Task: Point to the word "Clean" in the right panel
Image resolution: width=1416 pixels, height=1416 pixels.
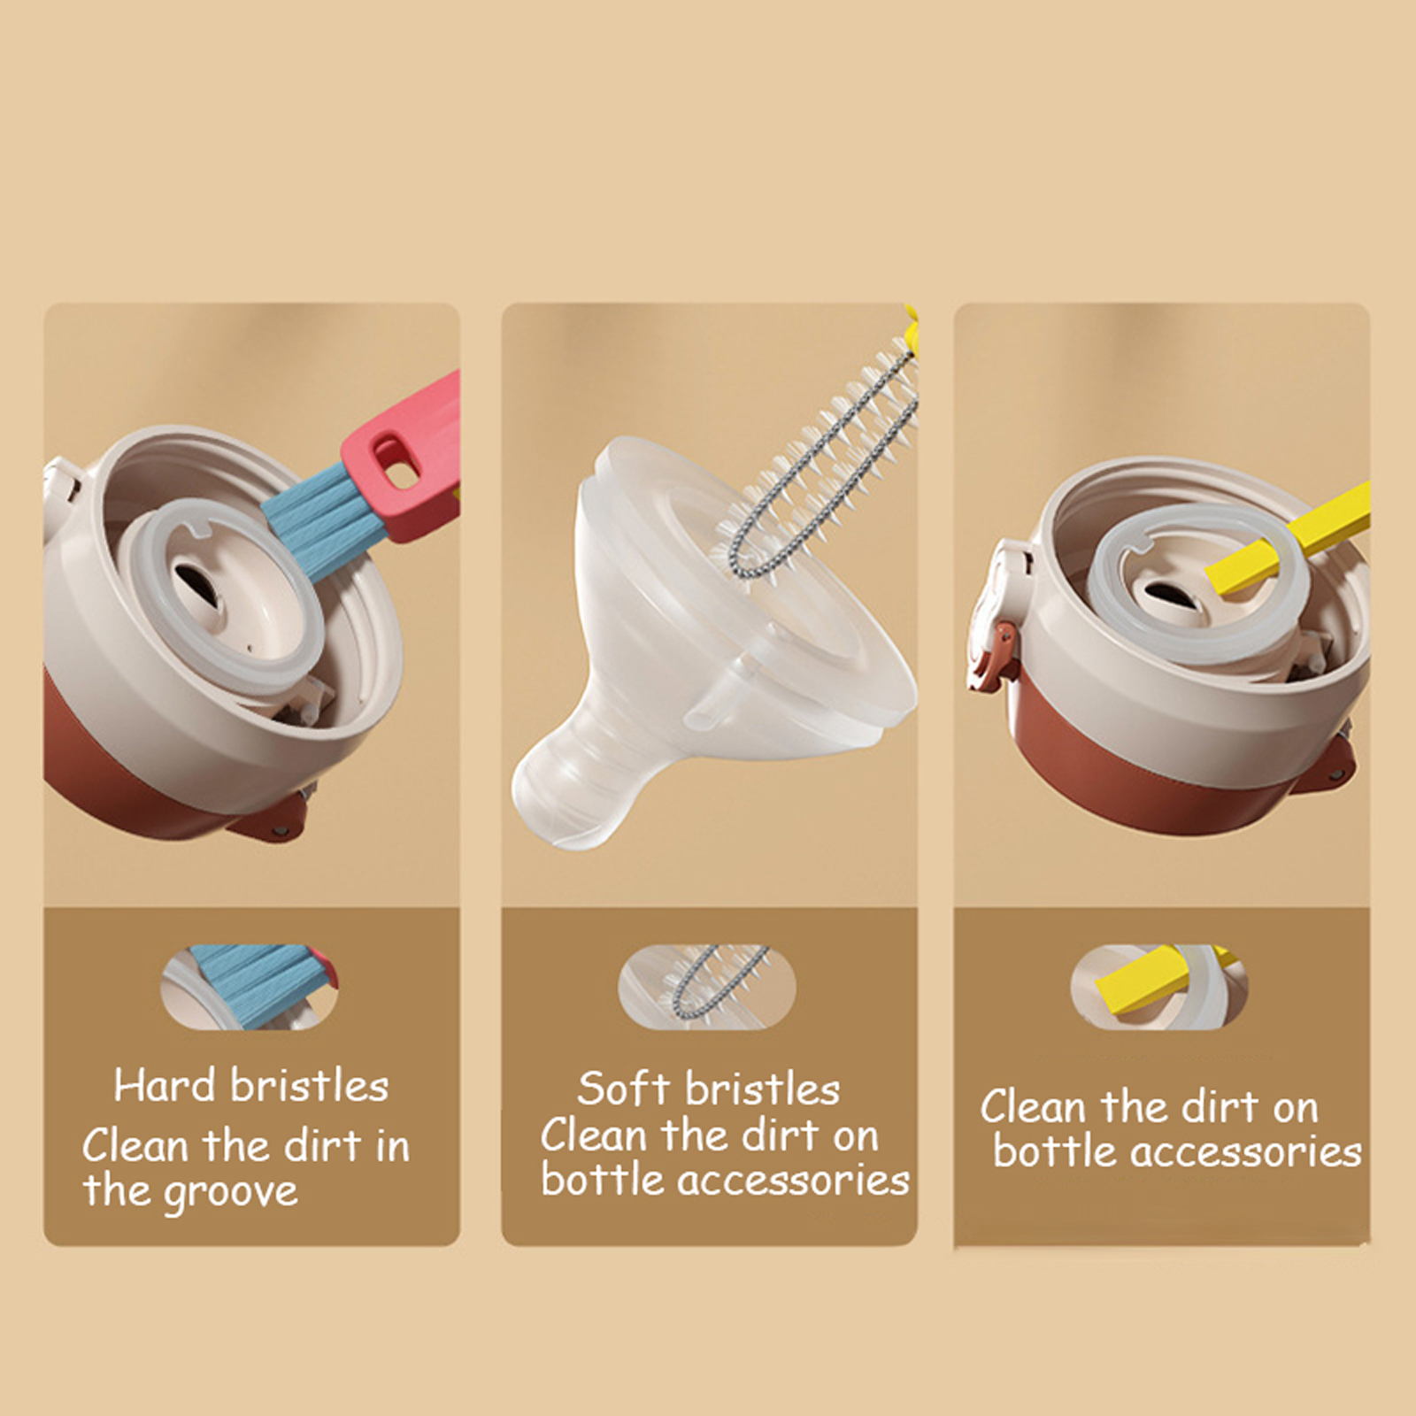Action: click(x=1032, y=1106)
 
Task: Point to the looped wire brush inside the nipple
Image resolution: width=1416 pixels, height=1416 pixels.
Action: click(x=814, y=460)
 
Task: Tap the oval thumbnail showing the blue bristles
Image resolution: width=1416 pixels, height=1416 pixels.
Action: click(x=250, y=987)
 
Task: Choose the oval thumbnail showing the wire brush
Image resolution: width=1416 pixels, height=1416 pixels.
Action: click(x=706, y=987)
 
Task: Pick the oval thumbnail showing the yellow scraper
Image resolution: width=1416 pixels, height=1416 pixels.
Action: click(x=1159, y=987)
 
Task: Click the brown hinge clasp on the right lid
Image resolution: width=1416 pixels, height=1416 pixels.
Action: click(x=1002, y=656)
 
